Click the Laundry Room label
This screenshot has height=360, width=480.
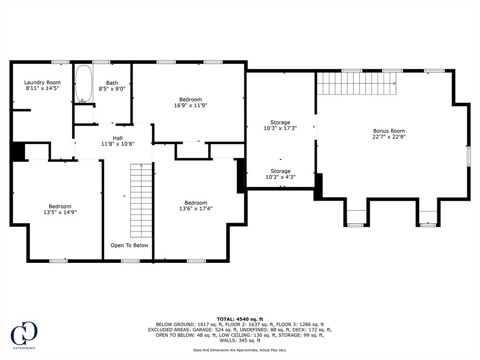point(42,82)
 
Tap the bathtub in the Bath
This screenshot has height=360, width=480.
point(83,83)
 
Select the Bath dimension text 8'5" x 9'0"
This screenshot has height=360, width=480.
point(112,89)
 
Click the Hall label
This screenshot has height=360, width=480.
point(118,138)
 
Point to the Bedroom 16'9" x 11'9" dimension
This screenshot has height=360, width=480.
point(191,105)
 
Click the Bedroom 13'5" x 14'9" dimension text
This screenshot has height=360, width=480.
point(60,212)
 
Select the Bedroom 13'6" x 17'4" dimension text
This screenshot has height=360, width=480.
point(196,209)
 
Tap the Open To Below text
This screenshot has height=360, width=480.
point(129,245)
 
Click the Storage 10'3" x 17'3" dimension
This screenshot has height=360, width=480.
point(280,128)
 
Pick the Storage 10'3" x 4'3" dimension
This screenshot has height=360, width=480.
point(280,177)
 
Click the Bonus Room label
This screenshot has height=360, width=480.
point(389,131)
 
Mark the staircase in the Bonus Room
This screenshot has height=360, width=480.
point(356,83)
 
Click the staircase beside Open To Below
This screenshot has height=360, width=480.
point(141,201)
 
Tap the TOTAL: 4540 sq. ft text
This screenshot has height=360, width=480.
point(240,319)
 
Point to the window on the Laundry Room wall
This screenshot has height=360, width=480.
point(60,62)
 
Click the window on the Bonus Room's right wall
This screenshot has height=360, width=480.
point(468,156)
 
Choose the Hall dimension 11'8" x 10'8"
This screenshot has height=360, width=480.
point(118,144)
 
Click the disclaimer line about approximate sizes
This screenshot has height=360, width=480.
point(240,350)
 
